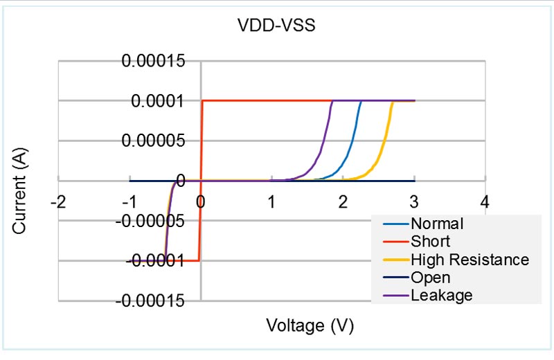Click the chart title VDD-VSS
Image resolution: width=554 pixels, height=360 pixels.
[276, 26]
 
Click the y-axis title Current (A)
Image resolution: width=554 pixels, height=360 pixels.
[19, 181]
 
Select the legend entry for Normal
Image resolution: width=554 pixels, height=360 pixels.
[436, 224]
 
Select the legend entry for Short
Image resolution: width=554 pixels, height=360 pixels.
[430, 242]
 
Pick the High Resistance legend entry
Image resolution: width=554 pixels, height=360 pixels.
[470, 260]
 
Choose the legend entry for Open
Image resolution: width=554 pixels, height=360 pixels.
[430, 278]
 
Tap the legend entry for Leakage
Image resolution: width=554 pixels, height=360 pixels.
[441, 295]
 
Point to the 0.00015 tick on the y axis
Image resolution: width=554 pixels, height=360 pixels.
[154, 61]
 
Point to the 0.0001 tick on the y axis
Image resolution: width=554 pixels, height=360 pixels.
[157, 101]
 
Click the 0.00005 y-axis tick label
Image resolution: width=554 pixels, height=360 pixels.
[154, 141]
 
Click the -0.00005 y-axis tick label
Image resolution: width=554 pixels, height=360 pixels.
[152, 222]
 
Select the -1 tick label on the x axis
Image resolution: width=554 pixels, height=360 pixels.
[129, 202]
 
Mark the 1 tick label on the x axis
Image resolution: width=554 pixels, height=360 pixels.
[271, 202]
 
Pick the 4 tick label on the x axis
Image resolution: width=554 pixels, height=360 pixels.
[485, 202]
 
